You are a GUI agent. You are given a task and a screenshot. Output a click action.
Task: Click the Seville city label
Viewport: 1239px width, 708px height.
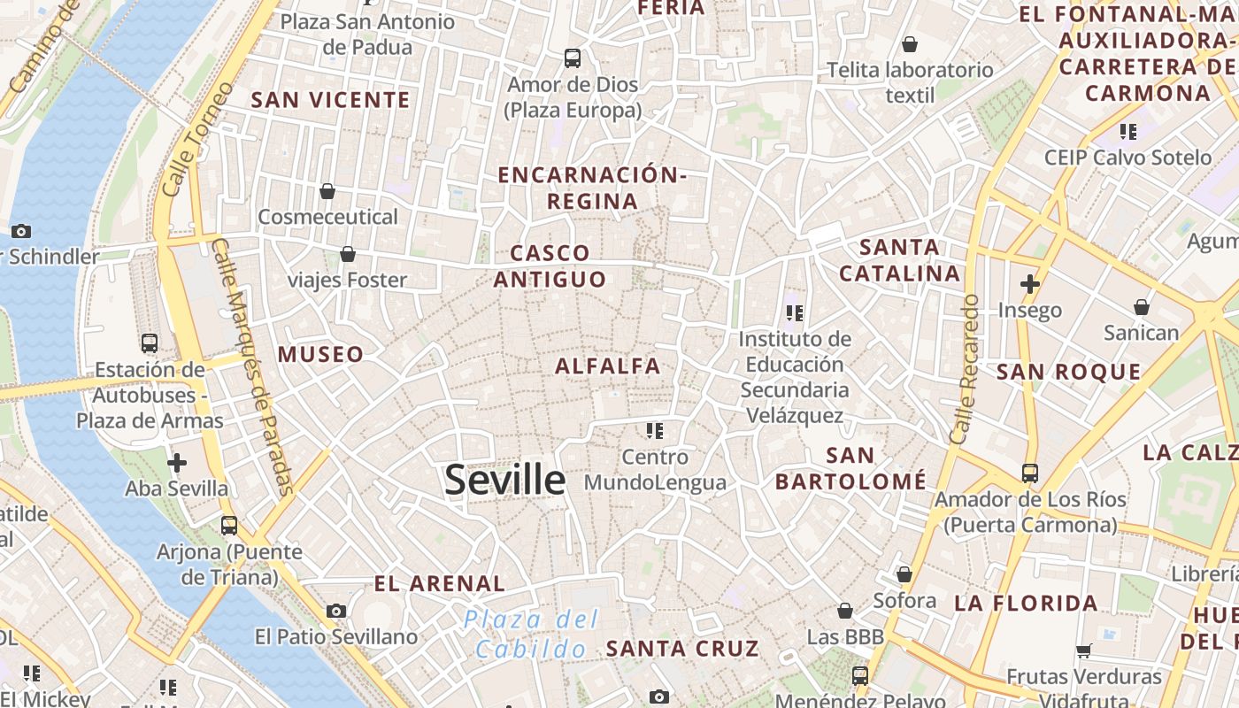(x=504, y=480)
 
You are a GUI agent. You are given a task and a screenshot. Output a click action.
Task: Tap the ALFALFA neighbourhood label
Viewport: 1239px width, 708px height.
(x=608, y=366)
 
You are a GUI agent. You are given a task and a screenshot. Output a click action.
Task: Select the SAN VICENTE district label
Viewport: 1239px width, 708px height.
(x=331, y=100)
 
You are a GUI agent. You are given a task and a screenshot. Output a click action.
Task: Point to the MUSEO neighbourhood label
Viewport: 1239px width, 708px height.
(x=320, y=355)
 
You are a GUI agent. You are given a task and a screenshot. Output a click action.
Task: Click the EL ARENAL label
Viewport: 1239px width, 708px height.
(x=439, y=584)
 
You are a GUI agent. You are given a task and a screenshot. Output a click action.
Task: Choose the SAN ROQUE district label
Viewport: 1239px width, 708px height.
(x=1069, y=372)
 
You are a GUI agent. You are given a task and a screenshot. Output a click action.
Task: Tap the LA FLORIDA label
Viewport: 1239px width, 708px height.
(x=1026, y=604)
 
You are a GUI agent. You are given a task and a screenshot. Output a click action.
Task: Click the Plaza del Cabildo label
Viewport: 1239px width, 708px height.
(x=531, y=634)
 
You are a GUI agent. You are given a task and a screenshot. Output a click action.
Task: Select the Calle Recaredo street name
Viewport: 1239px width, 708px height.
(x=966, y=369)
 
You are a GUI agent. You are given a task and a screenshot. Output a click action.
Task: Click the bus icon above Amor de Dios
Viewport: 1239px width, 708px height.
(x=573, y=58)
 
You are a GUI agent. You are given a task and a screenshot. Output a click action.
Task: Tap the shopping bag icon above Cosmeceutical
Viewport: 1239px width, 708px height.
(x=327, y=190)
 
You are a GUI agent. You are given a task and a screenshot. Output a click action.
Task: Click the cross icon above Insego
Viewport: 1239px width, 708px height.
(x=1029, y=284)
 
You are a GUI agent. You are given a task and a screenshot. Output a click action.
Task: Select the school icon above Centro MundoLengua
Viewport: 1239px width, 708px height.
(x=655, y=431)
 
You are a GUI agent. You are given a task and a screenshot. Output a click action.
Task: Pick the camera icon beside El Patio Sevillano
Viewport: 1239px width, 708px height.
(x=336, y=611)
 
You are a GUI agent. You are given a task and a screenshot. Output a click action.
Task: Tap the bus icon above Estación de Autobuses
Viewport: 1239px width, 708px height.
(x=150, y=343)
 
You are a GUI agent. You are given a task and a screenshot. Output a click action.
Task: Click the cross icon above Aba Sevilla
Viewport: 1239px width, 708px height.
(x=177, y=462)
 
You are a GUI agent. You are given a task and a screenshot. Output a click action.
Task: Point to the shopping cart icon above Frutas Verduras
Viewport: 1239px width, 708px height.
(x=1083, y=650)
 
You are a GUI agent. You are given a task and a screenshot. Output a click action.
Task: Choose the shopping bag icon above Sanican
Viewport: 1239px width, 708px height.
(x=1142, y=307)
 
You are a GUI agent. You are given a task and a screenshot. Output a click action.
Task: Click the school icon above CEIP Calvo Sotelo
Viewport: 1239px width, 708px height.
(x=1127, y=132)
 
